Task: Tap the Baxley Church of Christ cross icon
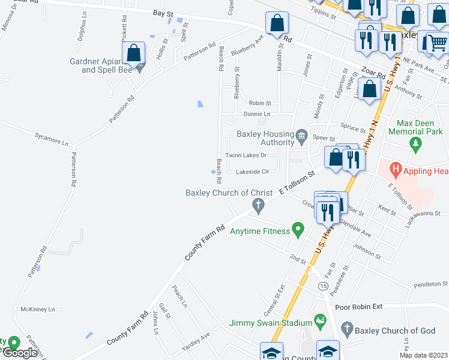click(x=258, y=207)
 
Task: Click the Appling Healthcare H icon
click(x=396, y=170)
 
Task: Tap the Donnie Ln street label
click(x=257, y=113)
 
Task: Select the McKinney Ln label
click(x=37, y=310)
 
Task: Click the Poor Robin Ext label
click(x=359, y=307)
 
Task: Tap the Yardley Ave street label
click(x=196, y=343)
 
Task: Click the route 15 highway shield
click(x=324, y=287)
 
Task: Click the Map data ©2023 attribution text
click(x=423, y=355)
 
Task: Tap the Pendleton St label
click(x=431, y=284)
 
